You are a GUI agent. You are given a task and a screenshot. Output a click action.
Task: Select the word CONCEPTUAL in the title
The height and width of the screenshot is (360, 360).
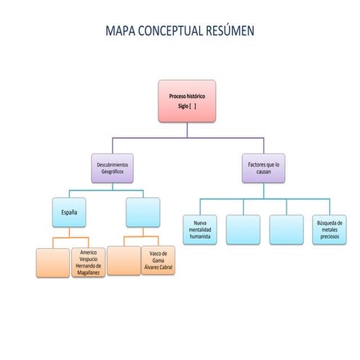click(x=173, y=31)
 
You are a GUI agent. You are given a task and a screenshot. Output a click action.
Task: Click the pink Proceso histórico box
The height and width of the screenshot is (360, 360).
click(x=187, y=101)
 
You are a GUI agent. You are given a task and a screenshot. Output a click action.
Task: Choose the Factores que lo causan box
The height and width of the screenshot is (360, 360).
click(x=264, y=169)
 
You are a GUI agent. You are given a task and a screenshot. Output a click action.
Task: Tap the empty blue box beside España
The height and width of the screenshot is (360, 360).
click(x=143, y=212)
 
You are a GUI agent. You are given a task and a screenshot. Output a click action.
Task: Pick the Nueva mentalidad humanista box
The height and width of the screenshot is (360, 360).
click(x=199, y=229)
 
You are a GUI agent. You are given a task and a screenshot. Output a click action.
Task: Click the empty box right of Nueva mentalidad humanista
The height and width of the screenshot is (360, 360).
click(x=242, y=229)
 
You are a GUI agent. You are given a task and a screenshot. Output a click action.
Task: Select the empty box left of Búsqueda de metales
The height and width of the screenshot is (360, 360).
click(x=286, y=229)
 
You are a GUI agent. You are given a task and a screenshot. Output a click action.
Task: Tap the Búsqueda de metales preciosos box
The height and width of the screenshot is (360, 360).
click(x=329, y=229)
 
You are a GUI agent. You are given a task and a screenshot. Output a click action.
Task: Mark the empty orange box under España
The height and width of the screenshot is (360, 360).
click(x=52, y=263)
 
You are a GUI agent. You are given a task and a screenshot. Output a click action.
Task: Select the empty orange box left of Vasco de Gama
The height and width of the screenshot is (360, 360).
click(x=124, y=261)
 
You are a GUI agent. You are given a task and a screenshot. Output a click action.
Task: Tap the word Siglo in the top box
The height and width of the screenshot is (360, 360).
click(x=183, y=106)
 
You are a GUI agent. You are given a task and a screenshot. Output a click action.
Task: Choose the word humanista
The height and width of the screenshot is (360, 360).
click(x=199, y=237)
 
